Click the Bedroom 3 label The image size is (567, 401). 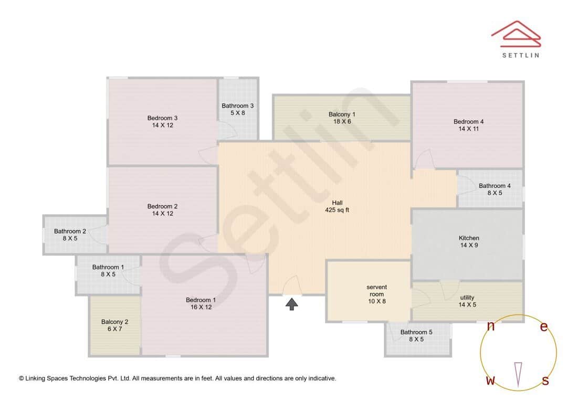[x=162, y=118]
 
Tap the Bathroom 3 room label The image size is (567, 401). [x=237, y=106]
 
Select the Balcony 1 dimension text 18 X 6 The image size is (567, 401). [x=342, y=122]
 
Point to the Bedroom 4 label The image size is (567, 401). [x=468, y=122]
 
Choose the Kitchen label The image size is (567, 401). [x=468, y=238]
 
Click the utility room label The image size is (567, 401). [x=467, y=298]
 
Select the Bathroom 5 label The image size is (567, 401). [x=416, y=332]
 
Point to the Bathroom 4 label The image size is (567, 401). [x=494, y=186]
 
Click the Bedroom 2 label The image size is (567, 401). [x=162, y=206]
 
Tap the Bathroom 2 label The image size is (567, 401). [x=70, y=231]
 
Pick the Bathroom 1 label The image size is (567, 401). [x=108, y=267]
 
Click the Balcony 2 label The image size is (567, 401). [x=114, y=322]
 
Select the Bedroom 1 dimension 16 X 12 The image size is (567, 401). [x=201, y=307]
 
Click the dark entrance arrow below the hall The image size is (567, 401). [x=292, y=304]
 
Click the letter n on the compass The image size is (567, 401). [x=491, y=326]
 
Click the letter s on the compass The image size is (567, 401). [x=545, y=381]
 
